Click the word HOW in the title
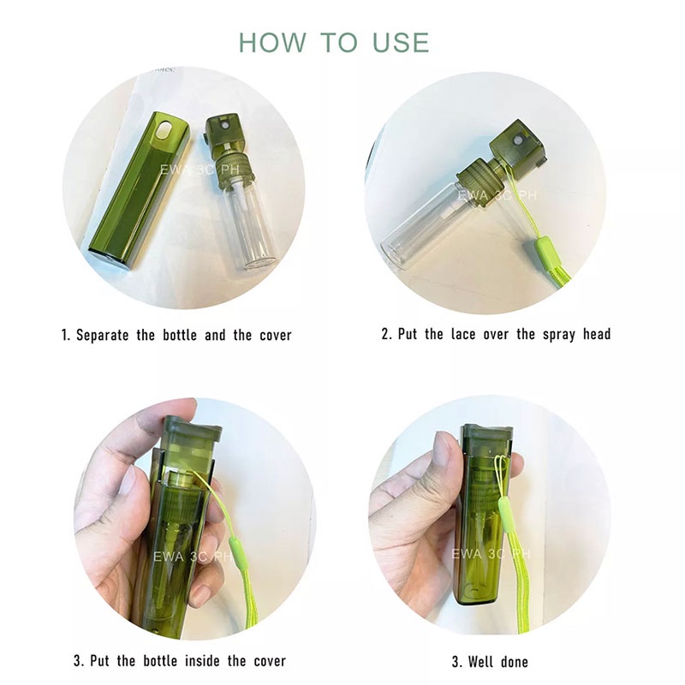click(272, 43)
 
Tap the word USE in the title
click(401, 43)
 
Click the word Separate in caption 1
click(103, 335)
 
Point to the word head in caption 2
click(596, 334)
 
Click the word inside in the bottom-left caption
click(201, 660)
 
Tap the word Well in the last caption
click(480, 661)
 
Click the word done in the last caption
click(515, 661)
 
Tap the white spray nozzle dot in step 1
click(224, 125)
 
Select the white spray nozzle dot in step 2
click(517, 143)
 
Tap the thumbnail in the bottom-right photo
click(444, 450)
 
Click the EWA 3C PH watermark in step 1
click(199, 170)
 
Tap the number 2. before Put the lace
click(387, 334)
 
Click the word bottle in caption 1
click(179, 335)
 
